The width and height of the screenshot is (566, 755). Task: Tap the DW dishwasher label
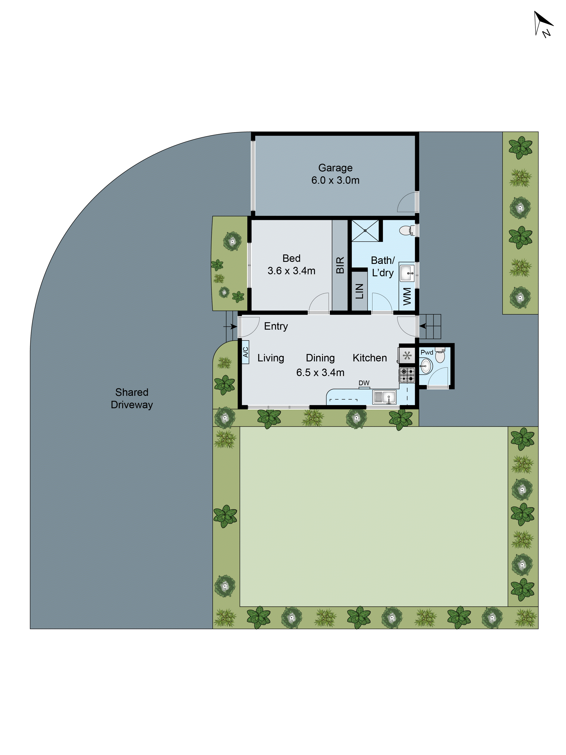[x=364, y=383]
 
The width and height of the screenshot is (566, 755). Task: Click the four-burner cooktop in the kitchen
[x=407, y=375]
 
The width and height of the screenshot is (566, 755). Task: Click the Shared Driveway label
[x=132, y=398]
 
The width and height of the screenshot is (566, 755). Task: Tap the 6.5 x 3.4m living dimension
[x=320, y=372]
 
